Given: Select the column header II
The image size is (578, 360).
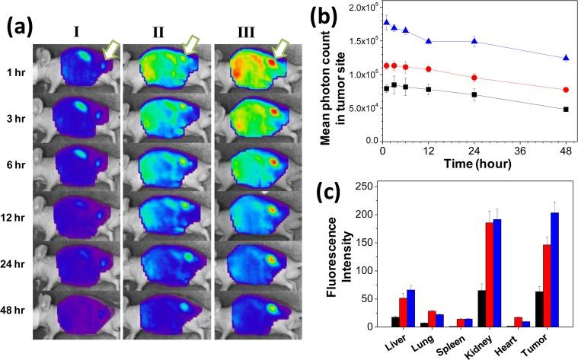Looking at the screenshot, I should (x=159, y=33).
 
